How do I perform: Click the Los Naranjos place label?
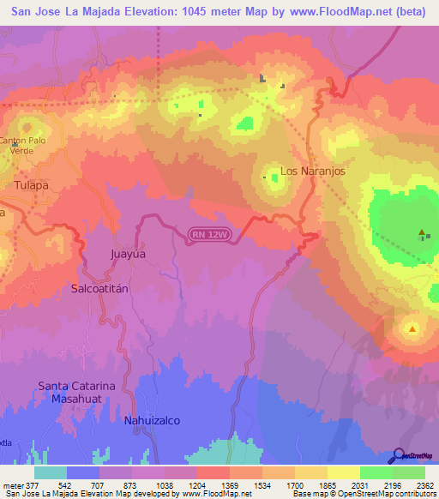(x=312, y=171)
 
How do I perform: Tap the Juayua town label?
(x=129, y=255)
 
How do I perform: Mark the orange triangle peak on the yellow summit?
(x=412, y=328)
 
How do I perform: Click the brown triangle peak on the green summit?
(x=421, y=232)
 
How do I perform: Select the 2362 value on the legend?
(x=425, y=485)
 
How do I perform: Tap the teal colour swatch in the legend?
(x=51, y=472)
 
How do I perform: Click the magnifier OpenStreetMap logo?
(x=400, y=456)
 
